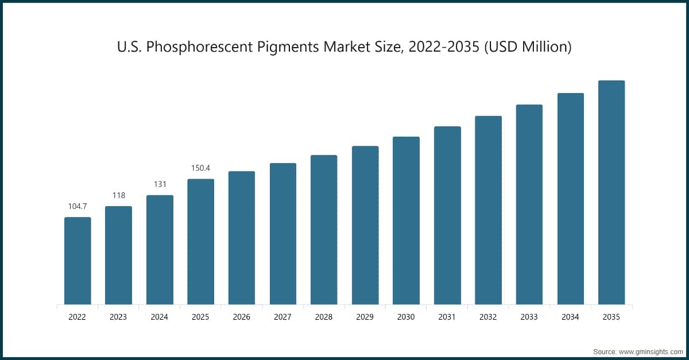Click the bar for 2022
click(78, 261)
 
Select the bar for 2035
click(611, 192)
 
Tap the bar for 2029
click(365, 225)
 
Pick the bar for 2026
click(242, 238)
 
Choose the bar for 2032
click(488, 210)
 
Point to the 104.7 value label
click(78, 206)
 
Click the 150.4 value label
click(200, 168)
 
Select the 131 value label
click(160, 184)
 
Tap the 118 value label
click(118, 195)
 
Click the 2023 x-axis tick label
click(118, 316)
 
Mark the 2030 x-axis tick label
click(406, 316)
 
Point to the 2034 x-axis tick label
click(570, 316)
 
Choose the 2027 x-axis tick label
click(282, 316)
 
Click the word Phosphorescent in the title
click(200, 47)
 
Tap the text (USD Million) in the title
click(528, 47)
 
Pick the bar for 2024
click(160, 250)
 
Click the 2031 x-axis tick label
click(447, 316)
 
